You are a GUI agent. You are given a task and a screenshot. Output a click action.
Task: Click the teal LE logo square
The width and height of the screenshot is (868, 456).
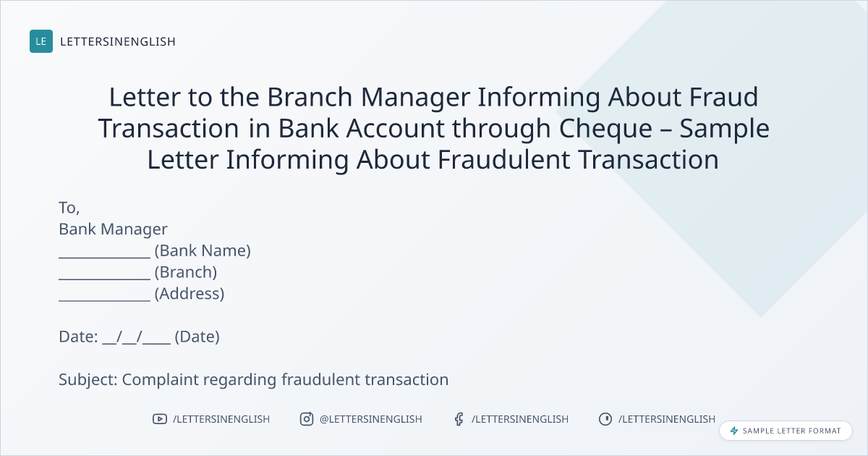pyautogui.click(x=41, y=41)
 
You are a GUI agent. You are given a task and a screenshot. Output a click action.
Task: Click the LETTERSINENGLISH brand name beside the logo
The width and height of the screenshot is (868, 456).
pyautogui.click(x=118, y=41)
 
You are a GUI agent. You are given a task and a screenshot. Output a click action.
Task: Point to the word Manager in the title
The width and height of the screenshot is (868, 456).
pyautogui.click(x=415, y=97)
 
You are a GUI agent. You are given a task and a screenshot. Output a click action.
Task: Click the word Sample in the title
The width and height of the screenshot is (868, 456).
pyautogui.click(x=724, y=129)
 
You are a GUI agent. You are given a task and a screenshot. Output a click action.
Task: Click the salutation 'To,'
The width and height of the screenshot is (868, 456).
pyautogui.click(x=69, y=208)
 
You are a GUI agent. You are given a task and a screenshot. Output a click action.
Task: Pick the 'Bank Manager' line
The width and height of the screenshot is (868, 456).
pyautogui.click(x=113, y=229)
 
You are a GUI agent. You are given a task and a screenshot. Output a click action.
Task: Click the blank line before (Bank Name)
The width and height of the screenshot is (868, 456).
pyautogui.click(x=105, y=257)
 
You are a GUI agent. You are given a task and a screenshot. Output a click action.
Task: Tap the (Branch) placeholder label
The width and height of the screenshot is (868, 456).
pyautogui.click(x=186, y=272)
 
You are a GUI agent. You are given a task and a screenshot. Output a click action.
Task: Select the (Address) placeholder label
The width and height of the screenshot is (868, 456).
pyautogui.click(x=190, y=294)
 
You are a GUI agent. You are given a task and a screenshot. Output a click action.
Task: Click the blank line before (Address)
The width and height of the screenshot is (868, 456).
pyautogui.click(x=105, y=300)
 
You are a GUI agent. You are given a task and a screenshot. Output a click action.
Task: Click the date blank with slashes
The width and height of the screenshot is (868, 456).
pyautogui.click(x=137, y=337)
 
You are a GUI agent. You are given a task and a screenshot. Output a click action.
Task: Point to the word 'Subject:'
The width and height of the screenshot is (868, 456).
pyautogui.click(x=88, y=379)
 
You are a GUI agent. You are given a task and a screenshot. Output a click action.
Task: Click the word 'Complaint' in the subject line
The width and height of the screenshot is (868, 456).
pyautogui.click(x=161, y=379)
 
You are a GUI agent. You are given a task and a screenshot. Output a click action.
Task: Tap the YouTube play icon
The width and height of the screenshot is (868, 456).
pyautogui.click(x=160, y=419)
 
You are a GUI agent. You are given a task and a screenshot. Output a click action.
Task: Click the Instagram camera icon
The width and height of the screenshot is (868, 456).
pyautogui.click(x=307, y=419)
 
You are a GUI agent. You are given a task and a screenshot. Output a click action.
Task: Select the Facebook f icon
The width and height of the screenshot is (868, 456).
pyautogui.click(x=459, y=419)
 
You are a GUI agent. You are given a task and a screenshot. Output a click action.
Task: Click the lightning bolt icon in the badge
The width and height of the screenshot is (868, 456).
pyautogui.click(x=734, y=431)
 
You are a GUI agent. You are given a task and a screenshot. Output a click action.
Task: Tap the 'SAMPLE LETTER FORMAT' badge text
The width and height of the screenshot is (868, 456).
pyautogui.click(x=791, y=431)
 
